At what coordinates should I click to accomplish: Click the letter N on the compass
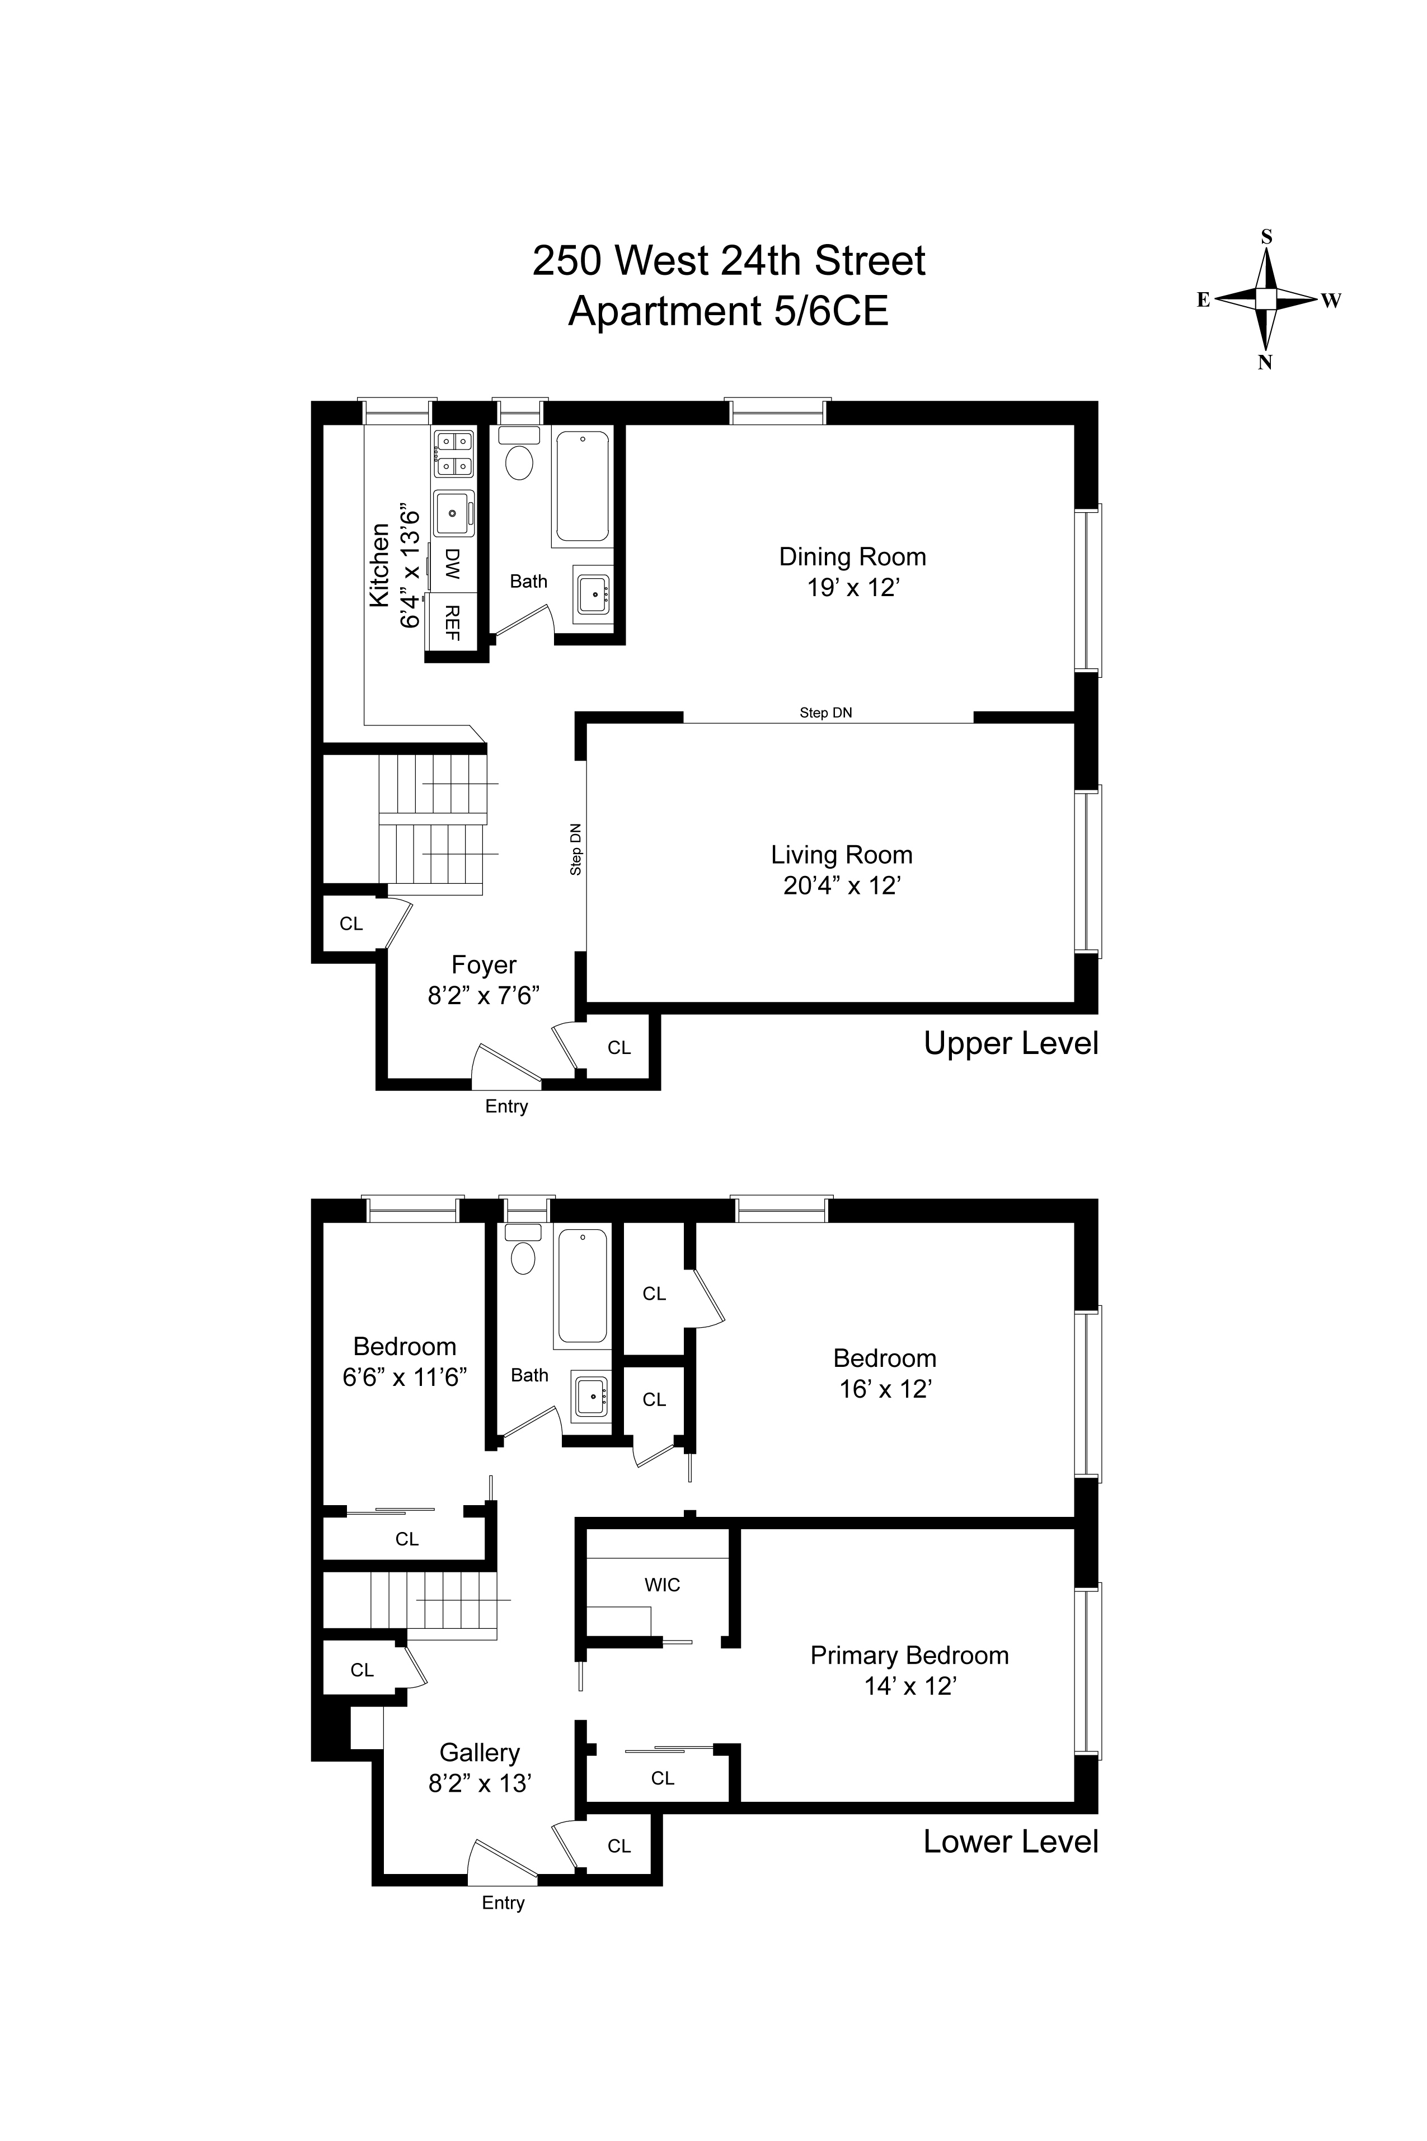pos(1264,362)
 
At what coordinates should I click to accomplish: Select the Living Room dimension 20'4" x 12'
pos(842,886)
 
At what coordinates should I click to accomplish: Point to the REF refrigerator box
pos(452,622)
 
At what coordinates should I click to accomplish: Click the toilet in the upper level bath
pos(520,462)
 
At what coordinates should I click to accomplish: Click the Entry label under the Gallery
pos(503,1903)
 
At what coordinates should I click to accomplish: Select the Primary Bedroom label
pos(909,1655)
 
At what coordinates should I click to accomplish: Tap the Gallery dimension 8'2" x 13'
pos(480,1783)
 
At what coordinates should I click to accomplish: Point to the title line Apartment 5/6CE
pos(728,311)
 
